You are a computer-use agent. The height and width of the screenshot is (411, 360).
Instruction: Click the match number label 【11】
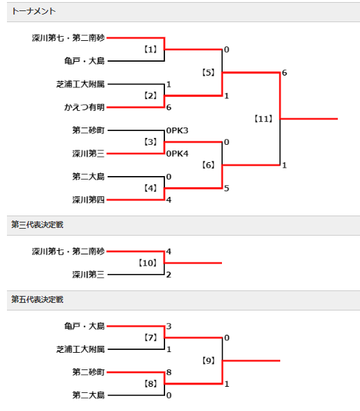263,119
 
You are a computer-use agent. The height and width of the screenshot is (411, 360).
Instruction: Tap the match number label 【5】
208,72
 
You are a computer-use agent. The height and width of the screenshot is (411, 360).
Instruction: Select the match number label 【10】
148,263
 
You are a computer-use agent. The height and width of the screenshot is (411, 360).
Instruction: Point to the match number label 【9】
208,360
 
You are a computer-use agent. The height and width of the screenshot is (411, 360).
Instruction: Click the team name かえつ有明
85,107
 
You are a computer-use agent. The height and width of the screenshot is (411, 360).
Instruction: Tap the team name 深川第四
88,200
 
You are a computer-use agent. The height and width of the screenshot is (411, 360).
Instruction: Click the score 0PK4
177,154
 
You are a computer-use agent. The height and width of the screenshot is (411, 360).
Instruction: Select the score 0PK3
177,130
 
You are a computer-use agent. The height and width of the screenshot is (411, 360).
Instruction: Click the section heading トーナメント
33,11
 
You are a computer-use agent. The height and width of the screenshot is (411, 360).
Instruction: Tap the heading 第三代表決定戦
37,225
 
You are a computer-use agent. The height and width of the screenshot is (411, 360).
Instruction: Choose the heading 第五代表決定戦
37,299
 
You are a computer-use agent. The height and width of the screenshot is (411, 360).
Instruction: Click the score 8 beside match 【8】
169,372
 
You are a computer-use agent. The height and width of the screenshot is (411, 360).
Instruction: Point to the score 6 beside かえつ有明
169,107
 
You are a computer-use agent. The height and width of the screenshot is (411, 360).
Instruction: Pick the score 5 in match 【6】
226,189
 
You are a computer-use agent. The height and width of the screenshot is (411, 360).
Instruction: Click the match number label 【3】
151,142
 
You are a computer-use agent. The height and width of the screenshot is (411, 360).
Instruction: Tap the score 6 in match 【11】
284,73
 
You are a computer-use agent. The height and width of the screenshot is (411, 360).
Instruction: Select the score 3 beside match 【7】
169,326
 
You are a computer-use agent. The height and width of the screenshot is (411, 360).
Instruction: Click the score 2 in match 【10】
169,274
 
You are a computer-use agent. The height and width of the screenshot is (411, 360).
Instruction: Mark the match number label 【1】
151,49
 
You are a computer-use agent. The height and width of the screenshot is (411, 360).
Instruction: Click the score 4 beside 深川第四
169,200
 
